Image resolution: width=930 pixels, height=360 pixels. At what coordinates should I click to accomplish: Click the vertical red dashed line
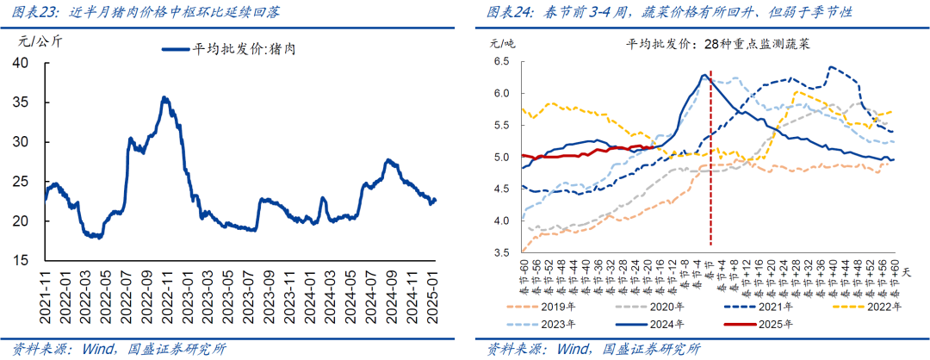[x=710, y=172]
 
